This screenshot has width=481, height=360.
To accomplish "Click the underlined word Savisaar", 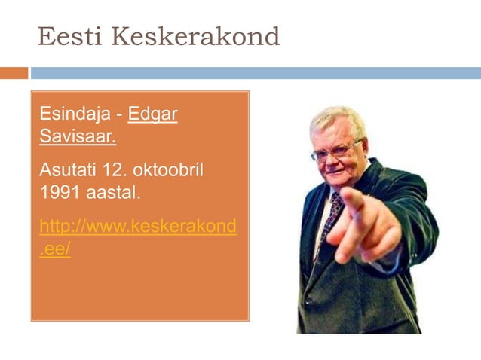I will click(78, 139).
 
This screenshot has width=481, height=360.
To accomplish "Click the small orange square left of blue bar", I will click(14, 73).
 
